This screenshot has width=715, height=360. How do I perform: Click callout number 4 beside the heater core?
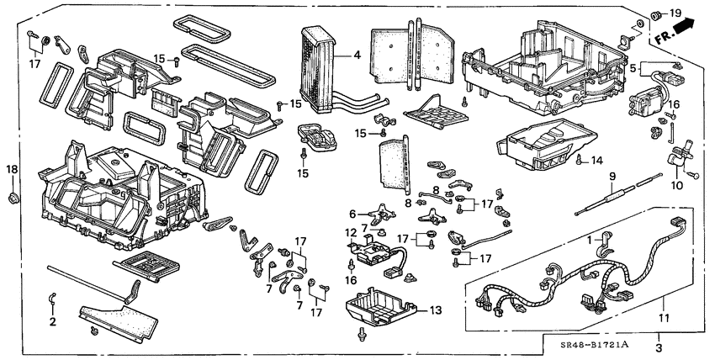click(357, 56)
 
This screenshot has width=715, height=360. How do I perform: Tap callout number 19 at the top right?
click(675, 13)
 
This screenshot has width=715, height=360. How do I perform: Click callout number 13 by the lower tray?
click(433, 310)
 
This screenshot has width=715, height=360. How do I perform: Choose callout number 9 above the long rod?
click(612, 176)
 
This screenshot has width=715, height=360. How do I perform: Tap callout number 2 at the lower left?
click(52, 321)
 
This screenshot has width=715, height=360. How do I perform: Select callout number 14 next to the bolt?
click(596, 160)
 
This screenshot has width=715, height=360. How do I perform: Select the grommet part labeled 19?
click(657, 15)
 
